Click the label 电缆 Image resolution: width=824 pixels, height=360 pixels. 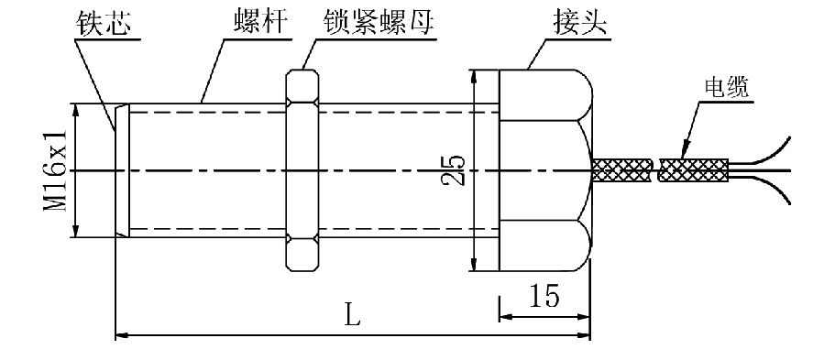(726, 87)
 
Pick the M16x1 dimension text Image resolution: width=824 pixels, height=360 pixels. (57, 170)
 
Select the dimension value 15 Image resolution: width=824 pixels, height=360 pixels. (544, 296)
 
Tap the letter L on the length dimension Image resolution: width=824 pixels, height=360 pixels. (353, 316)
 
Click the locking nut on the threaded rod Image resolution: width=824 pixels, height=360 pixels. (302, 170)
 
